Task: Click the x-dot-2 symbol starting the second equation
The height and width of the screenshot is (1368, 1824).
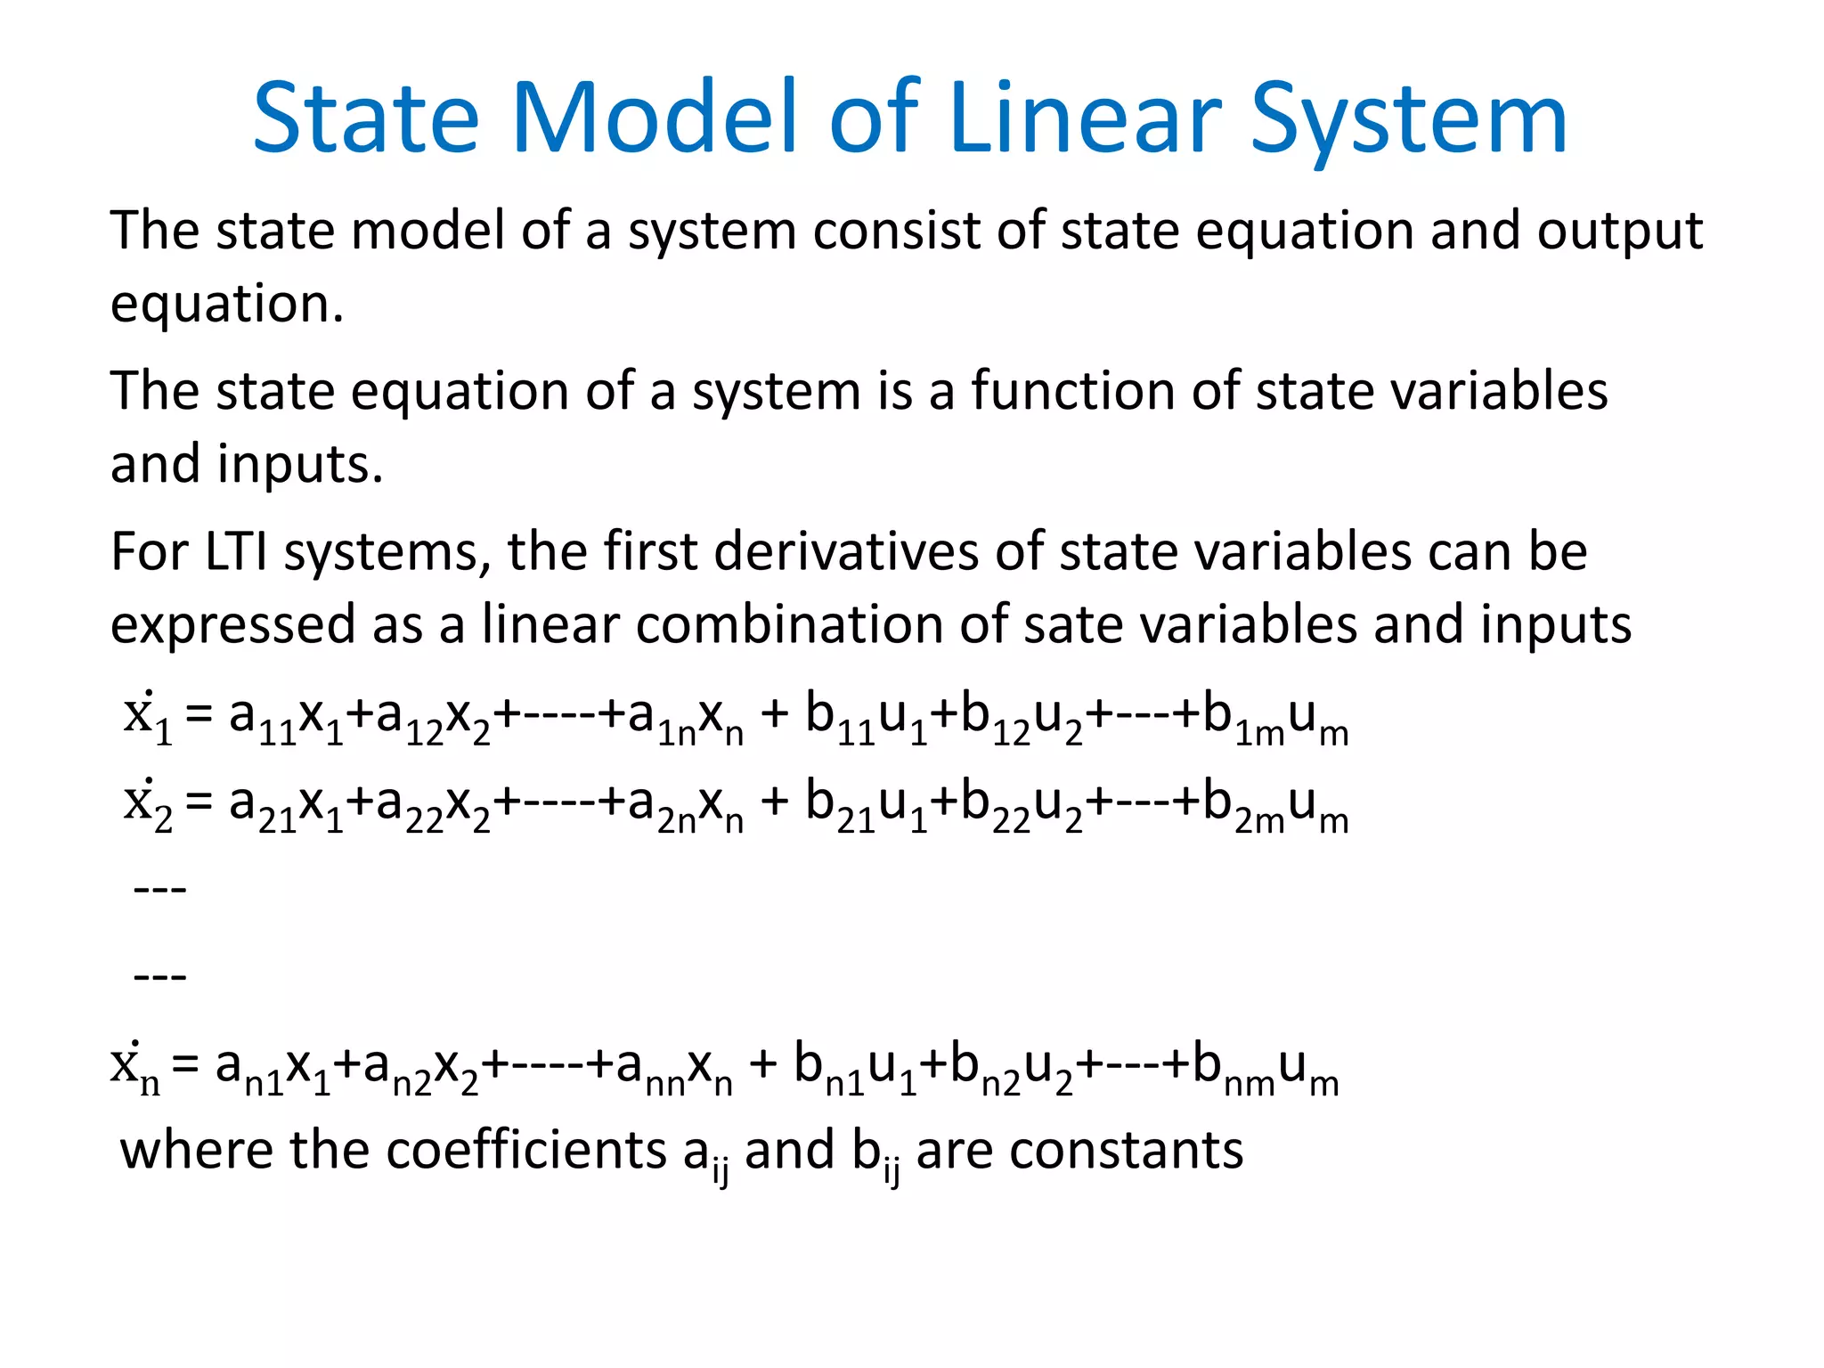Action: (x=148, y=804)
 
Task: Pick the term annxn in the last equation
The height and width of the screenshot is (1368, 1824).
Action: (x=673, y=1068)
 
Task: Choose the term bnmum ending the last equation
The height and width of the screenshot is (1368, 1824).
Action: (x=1265, y=1068)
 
